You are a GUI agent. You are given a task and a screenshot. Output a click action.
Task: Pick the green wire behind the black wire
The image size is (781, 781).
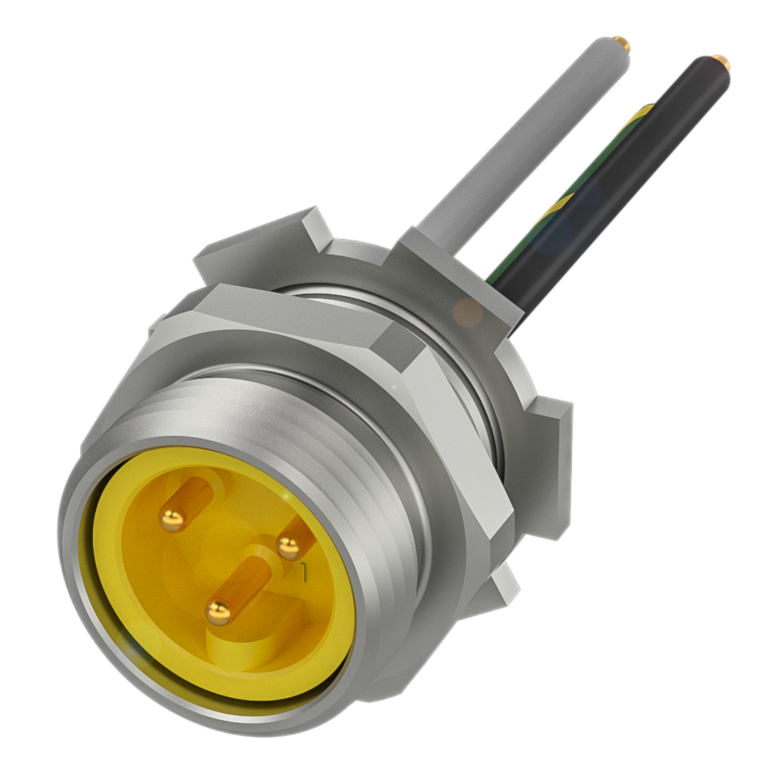click(567, 195)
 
